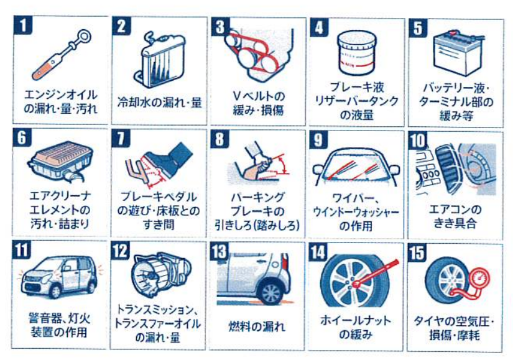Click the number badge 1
[x=23, y=25]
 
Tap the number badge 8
[x=220, y=139]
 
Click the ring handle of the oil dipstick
[x=84, y=37]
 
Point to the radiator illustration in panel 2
[x=160, y=60]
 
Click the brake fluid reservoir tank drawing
[x=357, y=52]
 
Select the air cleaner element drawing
[x=61, y=161]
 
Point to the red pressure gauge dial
[x=479, y=279]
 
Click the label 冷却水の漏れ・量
[x=159, y=102]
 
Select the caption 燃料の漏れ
[x=257, y=326]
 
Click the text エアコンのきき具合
[x=455, y=216]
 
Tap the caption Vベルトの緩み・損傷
[x=258, y=103]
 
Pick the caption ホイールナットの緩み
[x=356, y=327]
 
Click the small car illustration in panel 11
[x=60, y=277]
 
